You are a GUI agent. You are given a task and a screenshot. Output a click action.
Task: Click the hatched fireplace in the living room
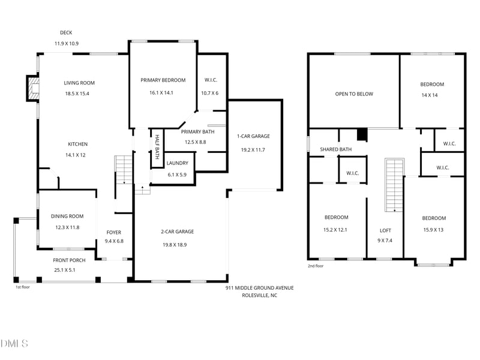click(33, 88)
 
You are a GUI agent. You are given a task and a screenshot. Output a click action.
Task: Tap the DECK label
click(66, 32)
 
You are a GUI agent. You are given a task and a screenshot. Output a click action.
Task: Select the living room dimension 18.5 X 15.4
click(77, 94)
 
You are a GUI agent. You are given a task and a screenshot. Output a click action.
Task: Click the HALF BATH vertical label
click(157, 147)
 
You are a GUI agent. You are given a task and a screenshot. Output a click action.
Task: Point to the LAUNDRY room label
click(177, 163)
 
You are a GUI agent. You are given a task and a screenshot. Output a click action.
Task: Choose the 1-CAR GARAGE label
click(253, 136)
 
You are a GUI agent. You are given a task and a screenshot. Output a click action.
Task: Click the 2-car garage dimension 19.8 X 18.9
click(175, 245)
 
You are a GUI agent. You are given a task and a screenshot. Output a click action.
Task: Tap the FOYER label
click(114, 232)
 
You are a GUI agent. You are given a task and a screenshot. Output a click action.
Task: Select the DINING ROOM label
click(67, 216)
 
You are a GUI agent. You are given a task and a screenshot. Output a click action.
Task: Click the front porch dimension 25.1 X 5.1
click(65, 270)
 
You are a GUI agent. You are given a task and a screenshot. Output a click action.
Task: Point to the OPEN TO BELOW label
click(354, 94)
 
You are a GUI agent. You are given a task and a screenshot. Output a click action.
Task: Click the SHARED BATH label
click(336, 149)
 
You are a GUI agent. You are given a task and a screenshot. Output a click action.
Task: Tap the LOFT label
click(385, 230)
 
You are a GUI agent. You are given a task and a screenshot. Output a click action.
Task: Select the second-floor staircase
click(395, 185)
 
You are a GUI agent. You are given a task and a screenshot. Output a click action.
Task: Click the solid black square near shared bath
click(362, 134)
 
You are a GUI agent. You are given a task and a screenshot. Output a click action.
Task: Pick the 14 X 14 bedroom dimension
click(430, 95)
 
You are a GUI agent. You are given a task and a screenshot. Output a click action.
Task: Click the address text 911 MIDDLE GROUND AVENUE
click(260, 288)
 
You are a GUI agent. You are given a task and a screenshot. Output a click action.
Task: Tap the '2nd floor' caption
click(316, 266)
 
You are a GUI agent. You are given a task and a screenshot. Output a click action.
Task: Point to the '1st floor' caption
click(23, 287)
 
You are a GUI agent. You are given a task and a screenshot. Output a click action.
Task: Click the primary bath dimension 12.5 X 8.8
click(196, 142)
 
